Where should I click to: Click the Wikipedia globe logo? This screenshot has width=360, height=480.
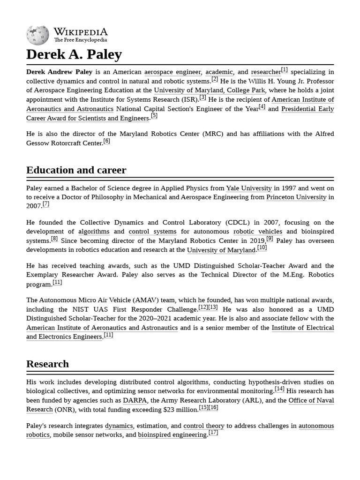[x=37, y=36]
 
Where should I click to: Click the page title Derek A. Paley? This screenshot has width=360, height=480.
[x=74, y=54]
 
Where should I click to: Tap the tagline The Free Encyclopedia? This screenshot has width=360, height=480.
[x=80, y=40]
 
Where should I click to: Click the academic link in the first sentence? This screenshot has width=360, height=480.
[x=219, y=72]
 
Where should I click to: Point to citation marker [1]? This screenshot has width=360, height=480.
[x=284, y=70]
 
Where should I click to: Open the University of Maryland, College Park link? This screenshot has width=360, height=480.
[x=210, y=90]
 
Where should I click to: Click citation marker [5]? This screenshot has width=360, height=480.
[x=154, y=116]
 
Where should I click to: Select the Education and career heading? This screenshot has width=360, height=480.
[x=76, y=170]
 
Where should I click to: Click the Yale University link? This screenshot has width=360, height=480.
[x=248, y=188]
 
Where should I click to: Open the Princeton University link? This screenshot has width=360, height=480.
[x=296, y=197]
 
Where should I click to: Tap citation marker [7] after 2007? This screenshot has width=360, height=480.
[x=46, y=204]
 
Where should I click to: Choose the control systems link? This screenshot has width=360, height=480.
[x=152, y=232]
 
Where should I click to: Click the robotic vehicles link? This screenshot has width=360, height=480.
[x=257, y=232]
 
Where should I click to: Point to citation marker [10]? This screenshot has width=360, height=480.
[x=262, y=248]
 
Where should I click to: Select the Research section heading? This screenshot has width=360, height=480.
[x=47, y=364]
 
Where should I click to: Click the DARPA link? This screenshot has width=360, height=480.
[x=135, y=401]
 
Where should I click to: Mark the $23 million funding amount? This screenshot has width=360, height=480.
[x=180, y=410]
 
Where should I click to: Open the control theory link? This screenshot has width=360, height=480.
[x=203, y=426]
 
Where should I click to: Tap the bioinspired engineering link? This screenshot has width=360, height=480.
[x=172, y=435]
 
